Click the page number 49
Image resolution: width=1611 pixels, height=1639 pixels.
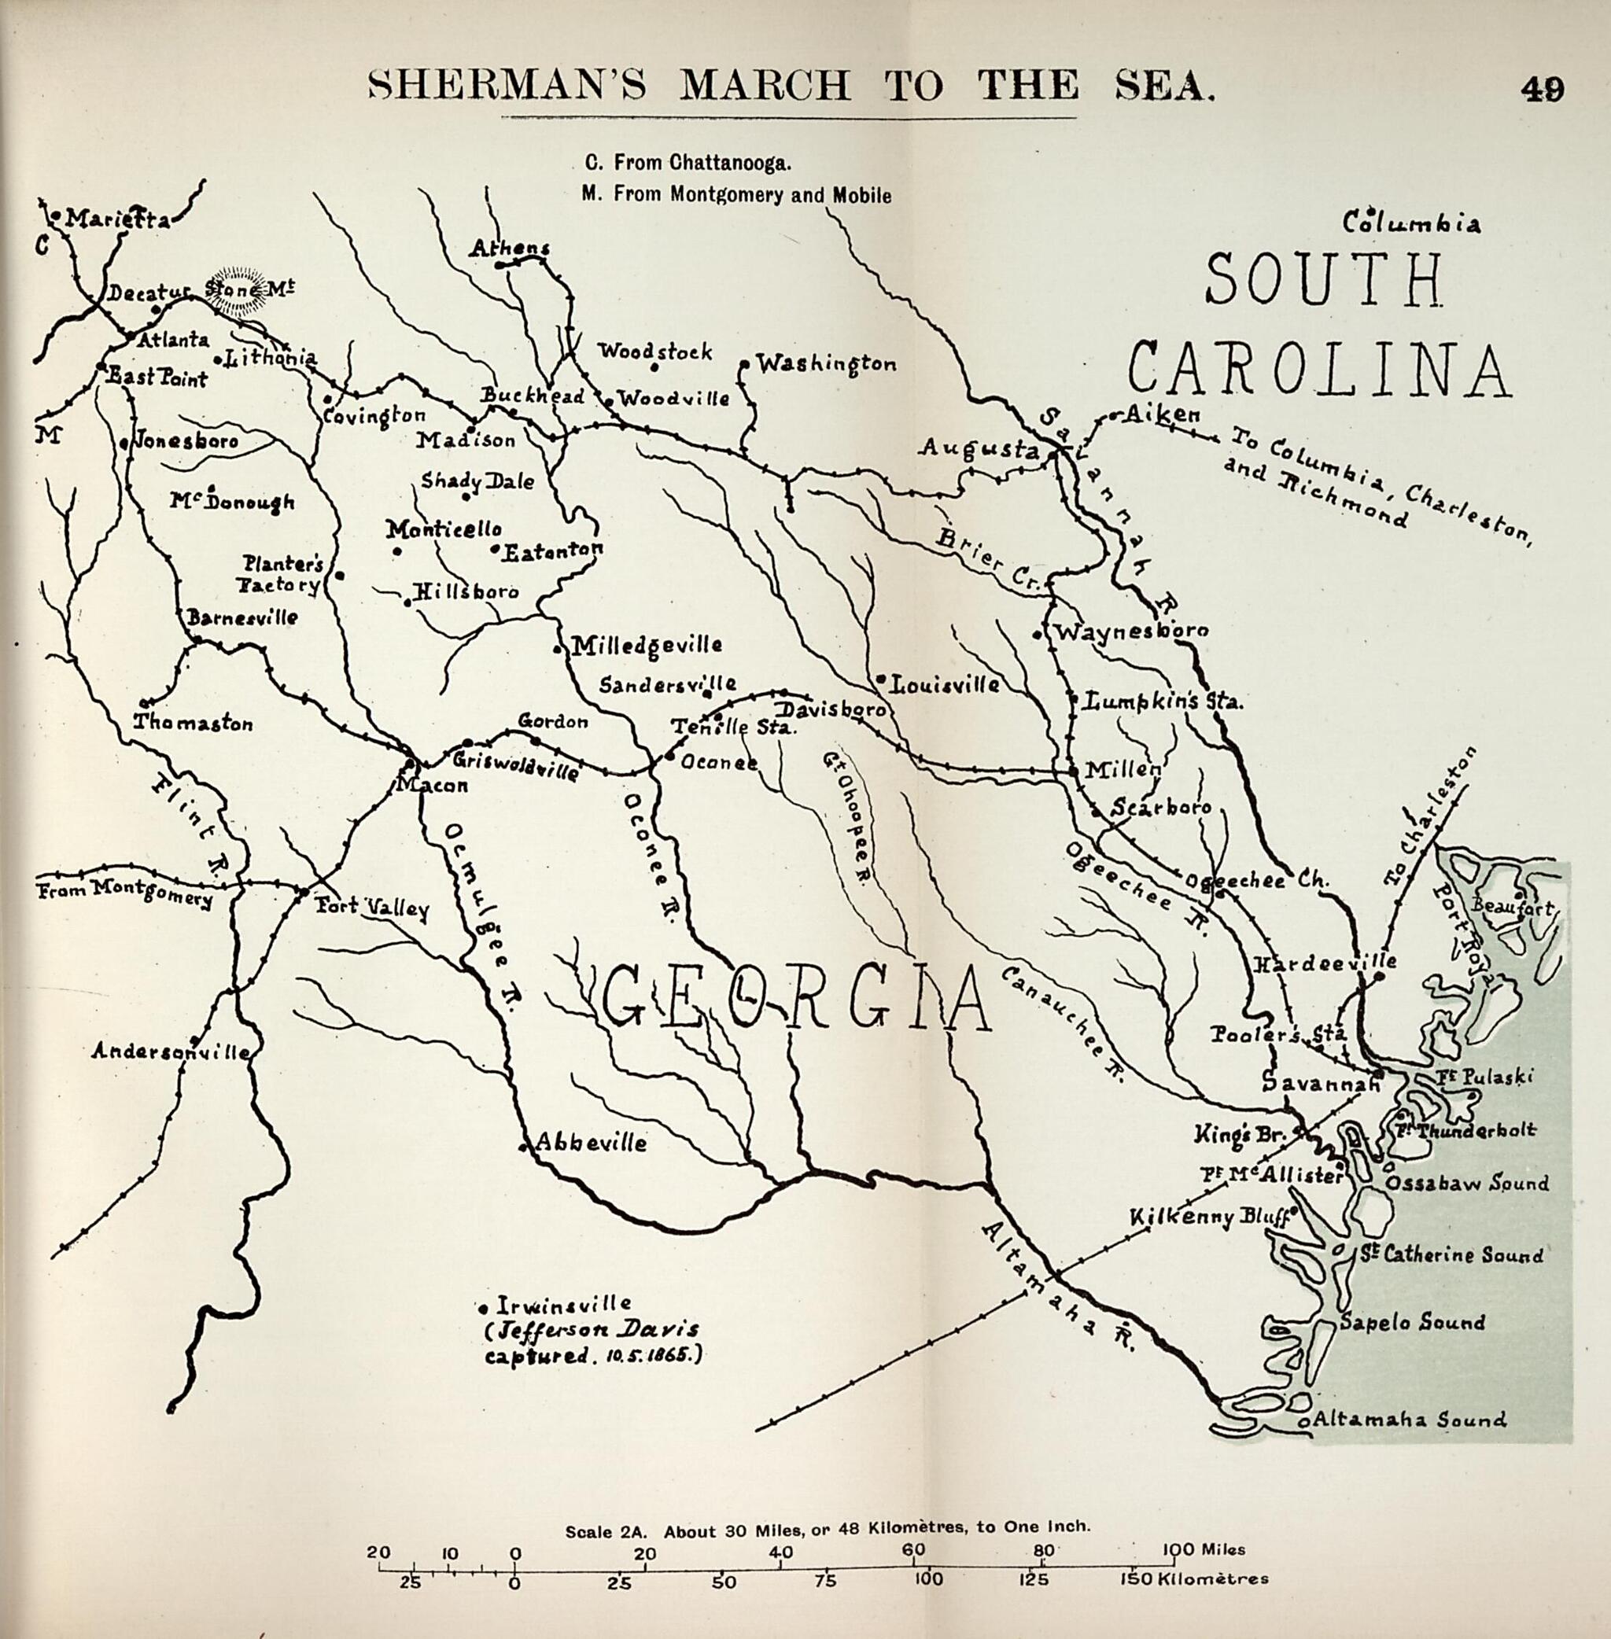[1541, 88]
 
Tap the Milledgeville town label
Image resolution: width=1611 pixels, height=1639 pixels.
[647, 646]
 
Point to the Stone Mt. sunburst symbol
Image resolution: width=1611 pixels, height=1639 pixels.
[237, 289]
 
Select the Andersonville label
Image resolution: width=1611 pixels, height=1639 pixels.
[171, 1052]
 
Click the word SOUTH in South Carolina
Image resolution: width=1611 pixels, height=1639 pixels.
[1324, 280]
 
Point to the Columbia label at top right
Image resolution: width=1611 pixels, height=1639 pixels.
[1412, 223]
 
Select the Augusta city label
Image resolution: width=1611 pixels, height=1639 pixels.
[979, 448]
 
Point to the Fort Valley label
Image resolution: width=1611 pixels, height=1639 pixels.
[372, 910]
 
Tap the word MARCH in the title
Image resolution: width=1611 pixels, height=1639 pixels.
[765, 86]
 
